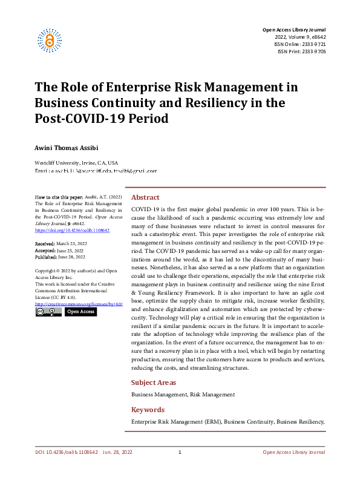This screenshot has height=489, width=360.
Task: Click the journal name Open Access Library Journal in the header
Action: click(293, 30)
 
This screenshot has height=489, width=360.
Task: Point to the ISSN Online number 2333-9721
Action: click(313, 44)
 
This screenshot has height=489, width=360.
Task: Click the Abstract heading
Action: click(145, 197)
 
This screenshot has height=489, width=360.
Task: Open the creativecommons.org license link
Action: click(79, 303)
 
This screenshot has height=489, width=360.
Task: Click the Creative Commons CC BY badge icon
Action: click(48, 312)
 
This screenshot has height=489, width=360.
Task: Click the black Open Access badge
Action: click(80, 312)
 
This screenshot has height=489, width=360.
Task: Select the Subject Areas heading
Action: click(154, 382)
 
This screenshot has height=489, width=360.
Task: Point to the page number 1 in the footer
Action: click(180, 452)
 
